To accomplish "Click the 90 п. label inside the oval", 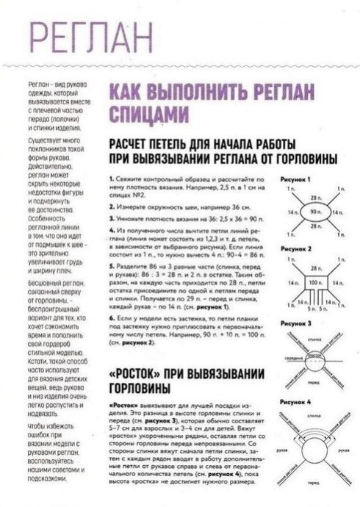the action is (317, 212).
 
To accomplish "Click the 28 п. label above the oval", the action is (317, 198).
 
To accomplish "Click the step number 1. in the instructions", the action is (109, 179).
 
